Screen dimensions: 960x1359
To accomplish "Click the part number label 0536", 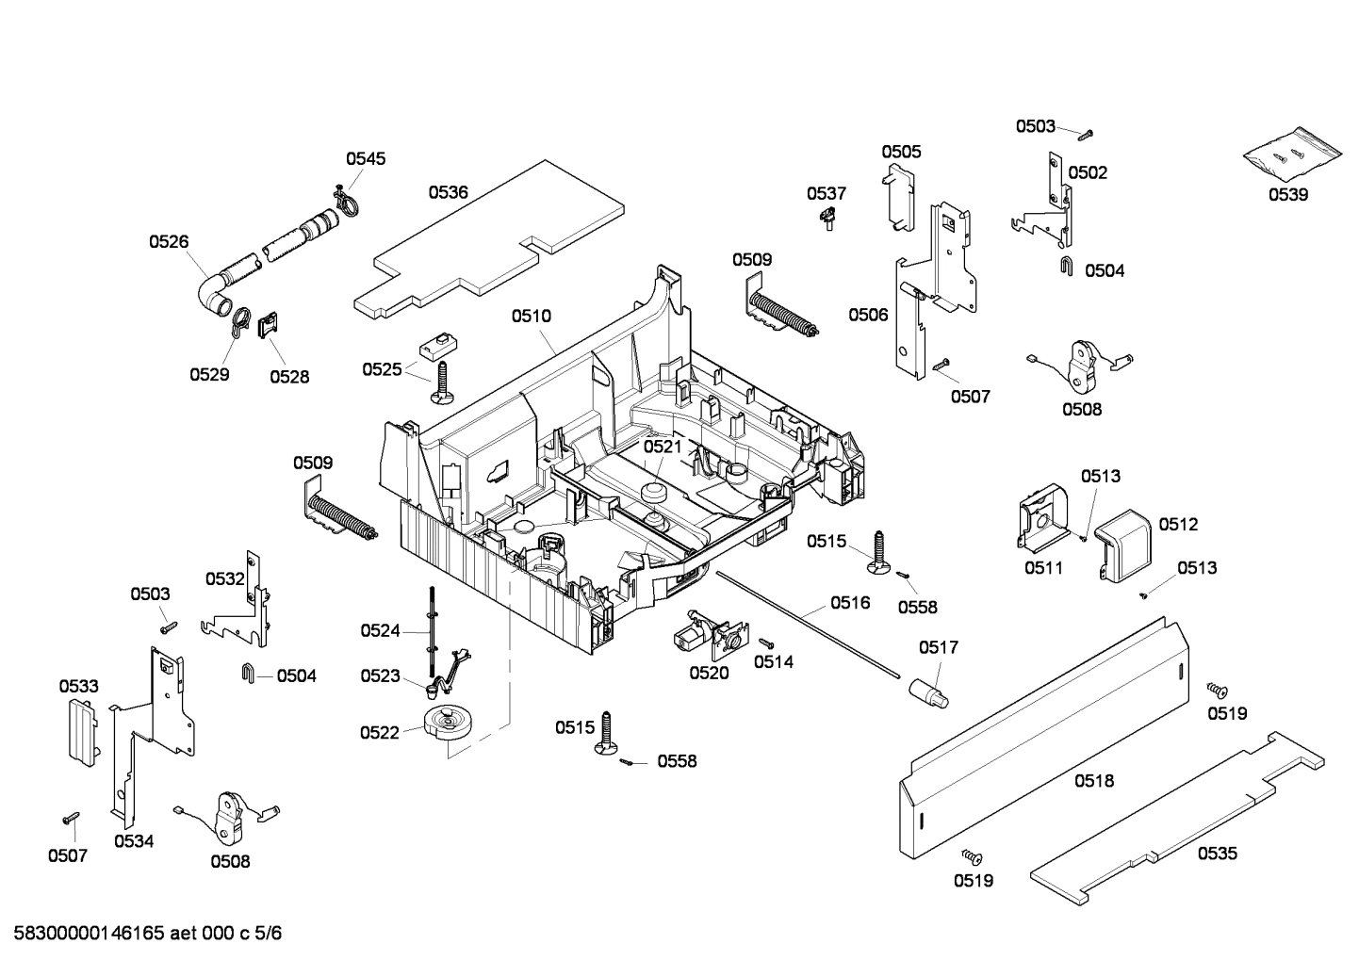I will coord(448,192).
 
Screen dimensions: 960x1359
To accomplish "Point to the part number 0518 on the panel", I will coord(1094,780).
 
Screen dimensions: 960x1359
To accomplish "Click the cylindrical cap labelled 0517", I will coord(930,690).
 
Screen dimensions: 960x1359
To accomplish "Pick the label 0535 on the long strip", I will coord(1218,854).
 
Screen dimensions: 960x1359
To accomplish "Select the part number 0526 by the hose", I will coord(169,242).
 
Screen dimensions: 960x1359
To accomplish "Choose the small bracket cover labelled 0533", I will coord(81,731).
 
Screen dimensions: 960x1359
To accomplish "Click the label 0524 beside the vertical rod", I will coord(380,631).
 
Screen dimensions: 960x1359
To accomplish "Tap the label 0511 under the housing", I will coord(1043,568).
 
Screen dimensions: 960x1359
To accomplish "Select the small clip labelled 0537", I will coord(827,220).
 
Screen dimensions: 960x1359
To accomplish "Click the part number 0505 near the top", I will coord(901,152).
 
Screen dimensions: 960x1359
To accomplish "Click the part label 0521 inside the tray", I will coord(663,446).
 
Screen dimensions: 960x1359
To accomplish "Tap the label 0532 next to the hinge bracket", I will coord(225,578).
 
